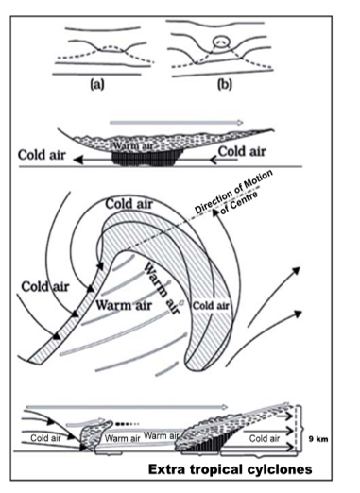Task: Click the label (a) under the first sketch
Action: coord(97,85)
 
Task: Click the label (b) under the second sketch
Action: coord(225,85)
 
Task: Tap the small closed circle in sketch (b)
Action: coord(220,41)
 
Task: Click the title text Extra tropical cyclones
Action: coord(231,469)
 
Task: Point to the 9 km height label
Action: coord(318,439)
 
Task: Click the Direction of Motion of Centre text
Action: coord(234,193)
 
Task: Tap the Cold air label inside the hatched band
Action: coord(211,306)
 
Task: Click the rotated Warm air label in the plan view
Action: coord(162,288)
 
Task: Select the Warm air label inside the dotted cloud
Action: coord(132,146)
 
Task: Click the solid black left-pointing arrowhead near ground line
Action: coord(78,161)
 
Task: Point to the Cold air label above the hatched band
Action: coord(129,204)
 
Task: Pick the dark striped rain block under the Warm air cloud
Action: coord(147,159)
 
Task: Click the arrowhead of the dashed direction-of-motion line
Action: coord(215,212)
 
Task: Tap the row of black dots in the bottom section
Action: coord(127,424)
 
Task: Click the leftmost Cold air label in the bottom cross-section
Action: coord(45,438)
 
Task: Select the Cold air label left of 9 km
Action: coord(265,438)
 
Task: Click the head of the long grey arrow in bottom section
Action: coord(224,407)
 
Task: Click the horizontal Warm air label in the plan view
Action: coord(124,305)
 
